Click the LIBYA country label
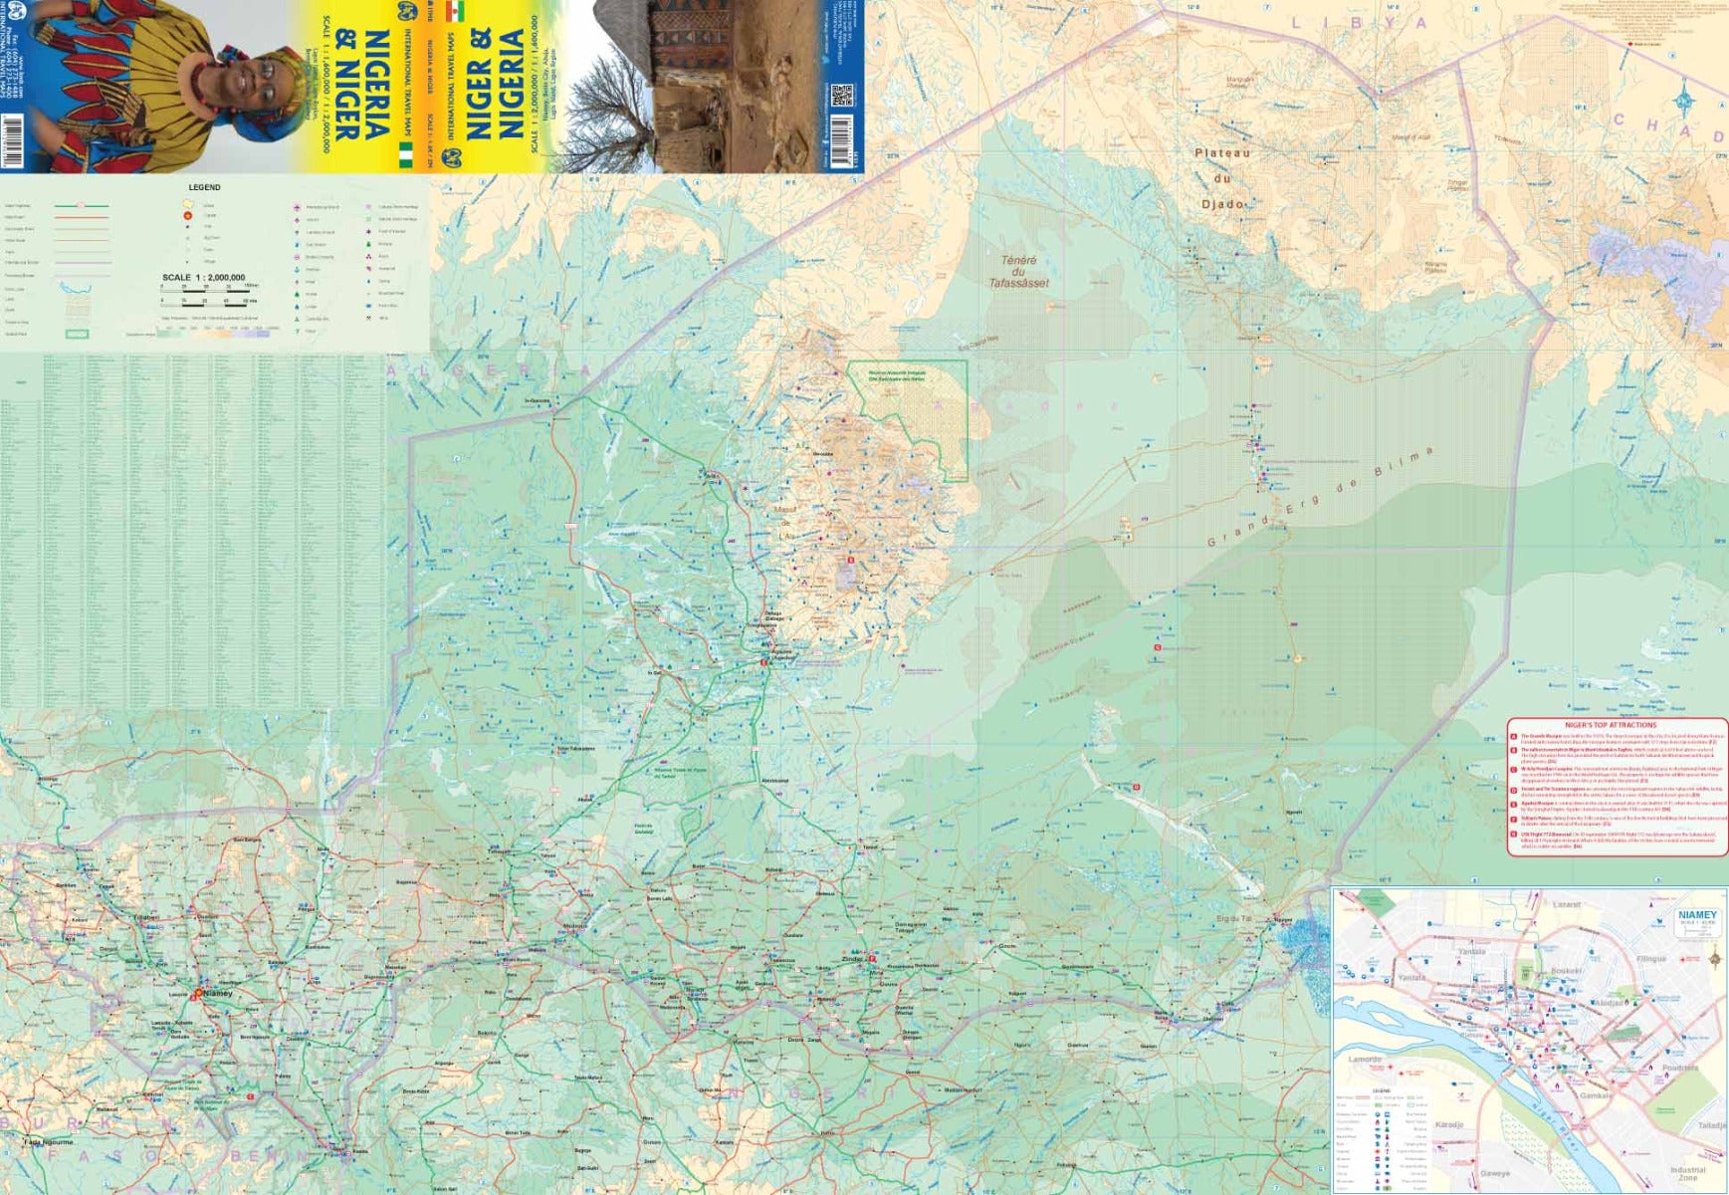point(1359,22)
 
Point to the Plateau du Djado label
point(1223,178)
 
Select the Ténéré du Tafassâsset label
point(1018,272)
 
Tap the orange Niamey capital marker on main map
point(198,992)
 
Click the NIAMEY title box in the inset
point(1697,917)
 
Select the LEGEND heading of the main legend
point(204,187)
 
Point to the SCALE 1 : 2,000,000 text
point(203,278)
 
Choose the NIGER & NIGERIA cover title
point(497,84)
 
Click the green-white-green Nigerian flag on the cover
point(404,153)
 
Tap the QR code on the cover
point(842,97)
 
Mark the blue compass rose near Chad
point(1684,100)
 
